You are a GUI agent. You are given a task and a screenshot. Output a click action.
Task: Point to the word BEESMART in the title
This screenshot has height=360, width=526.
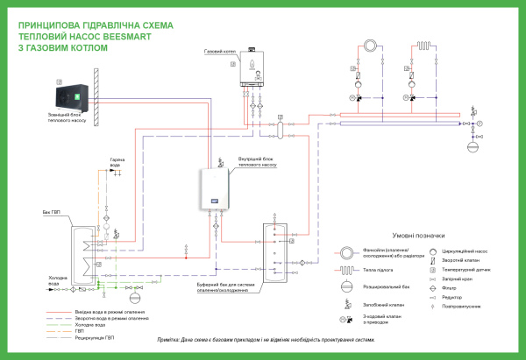(128, 38)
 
